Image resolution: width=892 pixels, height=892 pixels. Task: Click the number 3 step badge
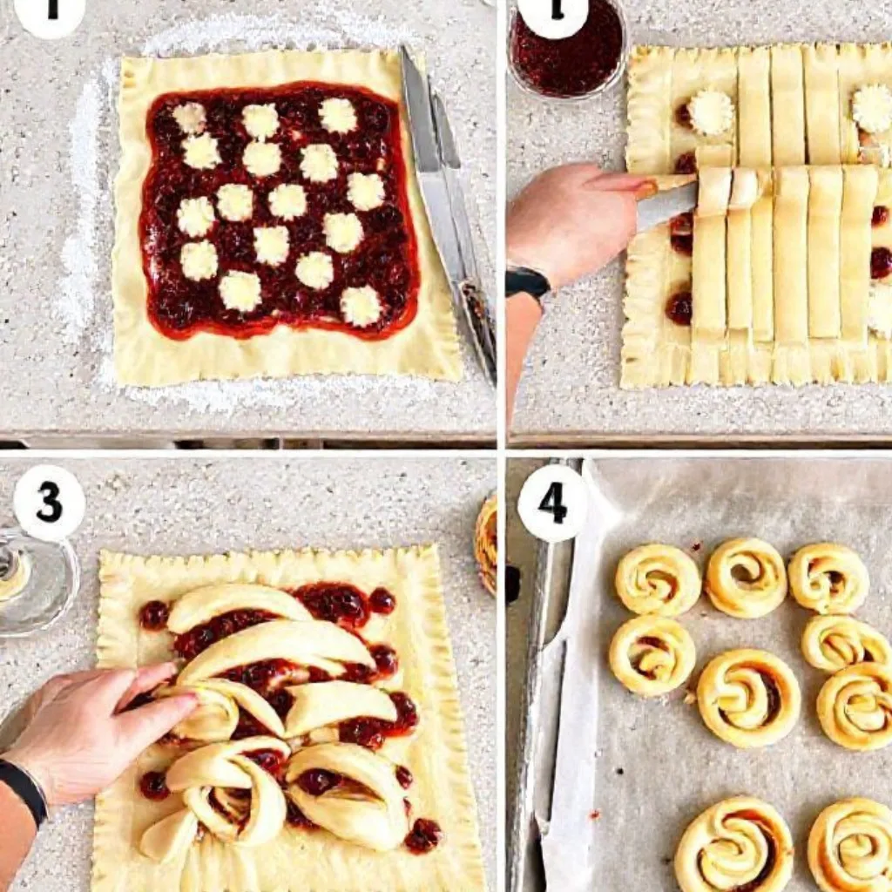(x=49, y=503)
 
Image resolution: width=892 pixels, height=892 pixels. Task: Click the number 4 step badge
(x=551, y=503)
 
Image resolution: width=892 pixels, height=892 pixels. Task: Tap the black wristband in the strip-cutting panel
(x=527, y=282)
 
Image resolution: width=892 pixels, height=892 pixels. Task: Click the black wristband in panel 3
(x=24, y=789)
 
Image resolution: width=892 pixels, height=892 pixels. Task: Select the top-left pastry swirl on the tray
(x=658, y=579)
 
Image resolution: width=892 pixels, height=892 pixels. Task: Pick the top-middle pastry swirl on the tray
(x=746, y=576)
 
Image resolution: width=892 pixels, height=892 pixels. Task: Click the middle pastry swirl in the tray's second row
(x=748, y=698)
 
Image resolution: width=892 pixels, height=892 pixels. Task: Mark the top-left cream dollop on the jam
(x=189, y=118)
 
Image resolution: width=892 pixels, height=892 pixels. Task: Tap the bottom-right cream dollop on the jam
(x=361, y=305)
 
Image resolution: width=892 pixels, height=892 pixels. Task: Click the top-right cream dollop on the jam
(x=338, y=115)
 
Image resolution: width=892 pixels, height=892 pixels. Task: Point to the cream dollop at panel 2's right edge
(x=872, y=108)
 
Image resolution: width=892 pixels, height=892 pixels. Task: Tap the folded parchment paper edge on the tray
(x=566, y=697)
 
